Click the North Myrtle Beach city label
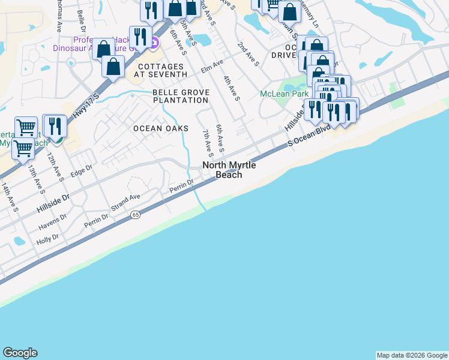point(222,170)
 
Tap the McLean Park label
point(284,94)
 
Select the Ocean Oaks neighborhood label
point(161,128)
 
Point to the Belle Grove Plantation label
point(180,96)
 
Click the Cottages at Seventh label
point(162,70)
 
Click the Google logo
point(20,353)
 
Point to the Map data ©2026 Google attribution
point(412,355)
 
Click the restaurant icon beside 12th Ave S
point(55,127)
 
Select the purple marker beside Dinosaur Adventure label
point(154,42)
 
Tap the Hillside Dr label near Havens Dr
point(53,201)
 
